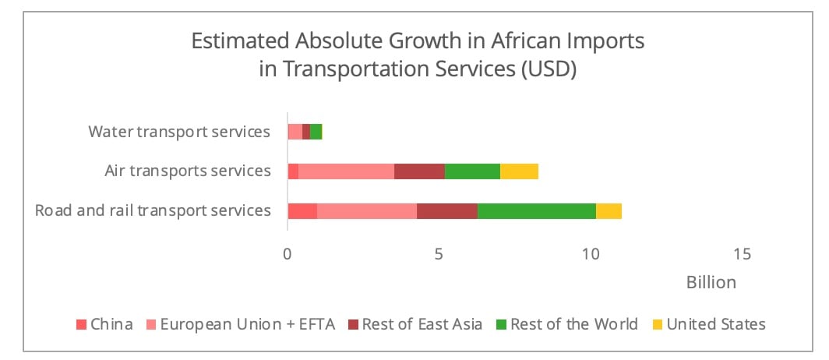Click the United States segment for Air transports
tap(519, 171)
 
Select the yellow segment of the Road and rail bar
tap(609, 211)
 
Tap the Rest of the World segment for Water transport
tap(316, 132)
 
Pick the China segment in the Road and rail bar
tap(302, 211)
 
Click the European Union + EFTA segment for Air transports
tap(346, 171)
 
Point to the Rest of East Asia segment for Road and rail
tap(446, 211)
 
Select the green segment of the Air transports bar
tap(472, 171)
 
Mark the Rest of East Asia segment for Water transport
tap(305, 132)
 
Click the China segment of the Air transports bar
tap(293, 171)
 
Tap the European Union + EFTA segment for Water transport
tap(295, 132)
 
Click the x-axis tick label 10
tap(591, 254)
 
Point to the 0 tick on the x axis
tap(288, 254)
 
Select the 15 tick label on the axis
tap(743, 254)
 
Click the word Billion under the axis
tap(711, 282)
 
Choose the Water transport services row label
tap(178, 132)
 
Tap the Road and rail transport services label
tap(153, 210)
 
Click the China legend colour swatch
tap(81, 324)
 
